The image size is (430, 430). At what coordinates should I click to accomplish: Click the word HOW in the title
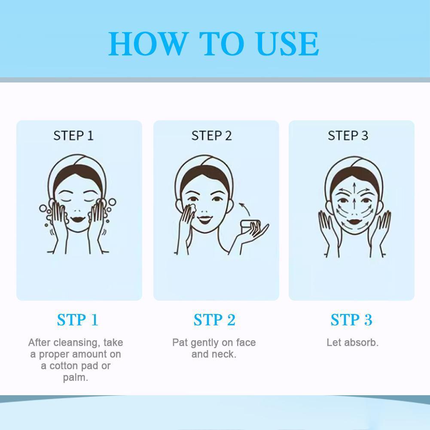pyautogui.click(x=147, y=44)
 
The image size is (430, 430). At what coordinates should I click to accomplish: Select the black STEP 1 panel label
pyautogui.click(x=73, y=136)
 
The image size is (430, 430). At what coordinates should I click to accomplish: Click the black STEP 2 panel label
pyautogui.click(x=211, y=136)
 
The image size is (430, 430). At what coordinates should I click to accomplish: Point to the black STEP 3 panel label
pyautogui.click(x=348, y=136)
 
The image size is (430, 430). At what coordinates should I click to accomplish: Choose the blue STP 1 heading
pyautogui.click(x=78, y=320)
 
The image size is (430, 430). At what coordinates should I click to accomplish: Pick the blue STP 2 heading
pyautogui.click(x=214, y=320)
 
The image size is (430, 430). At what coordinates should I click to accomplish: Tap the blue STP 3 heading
pyautogui.click(x=351, y=320)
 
